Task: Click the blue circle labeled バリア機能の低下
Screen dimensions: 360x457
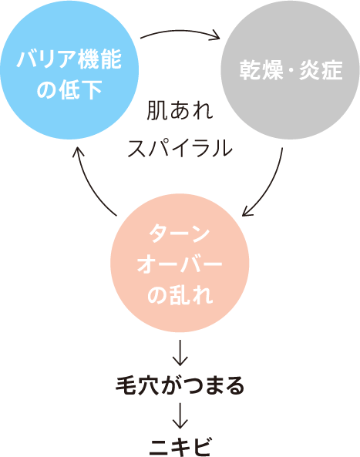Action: click(69, 70)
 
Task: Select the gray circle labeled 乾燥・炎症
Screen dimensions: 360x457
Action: click(291, 70)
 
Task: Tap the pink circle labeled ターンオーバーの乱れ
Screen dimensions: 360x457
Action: click(180, 263)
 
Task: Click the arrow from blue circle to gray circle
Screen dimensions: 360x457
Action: click(180, 31)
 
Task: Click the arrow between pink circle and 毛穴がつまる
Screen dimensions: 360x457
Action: click(180, 353)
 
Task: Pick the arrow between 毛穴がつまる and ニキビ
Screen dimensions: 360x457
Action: click(180, 416)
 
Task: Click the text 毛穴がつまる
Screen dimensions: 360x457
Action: click(180, 385)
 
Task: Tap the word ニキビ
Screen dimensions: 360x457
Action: click(180, 447)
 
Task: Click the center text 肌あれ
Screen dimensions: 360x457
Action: click(180, 111)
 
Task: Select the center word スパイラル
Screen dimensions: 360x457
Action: click(180, 149)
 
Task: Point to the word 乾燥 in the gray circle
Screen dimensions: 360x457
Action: click(261, 70)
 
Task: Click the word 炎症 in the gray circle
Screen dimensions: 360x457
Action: click(321, 70)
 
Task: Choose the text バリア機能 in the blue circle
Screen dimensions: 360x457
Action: click(69, 59)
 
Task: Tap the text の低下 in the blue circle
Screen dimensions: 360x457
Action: click(69, 89)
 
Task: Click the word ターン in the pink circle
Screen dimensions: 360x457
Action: click(180, 234)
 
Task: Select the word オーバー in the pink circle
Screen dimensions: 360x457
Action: click(180, 264)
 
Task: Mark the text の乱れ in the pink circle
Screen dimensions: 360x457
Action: click(180, 295)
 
